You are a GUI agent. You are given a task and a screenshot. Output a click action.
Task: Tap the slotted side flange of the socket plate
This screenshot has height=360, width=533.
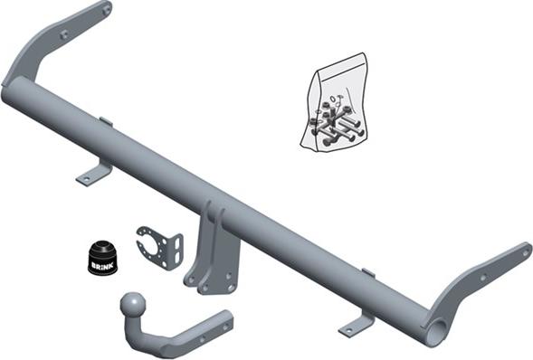coord(175,250)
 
